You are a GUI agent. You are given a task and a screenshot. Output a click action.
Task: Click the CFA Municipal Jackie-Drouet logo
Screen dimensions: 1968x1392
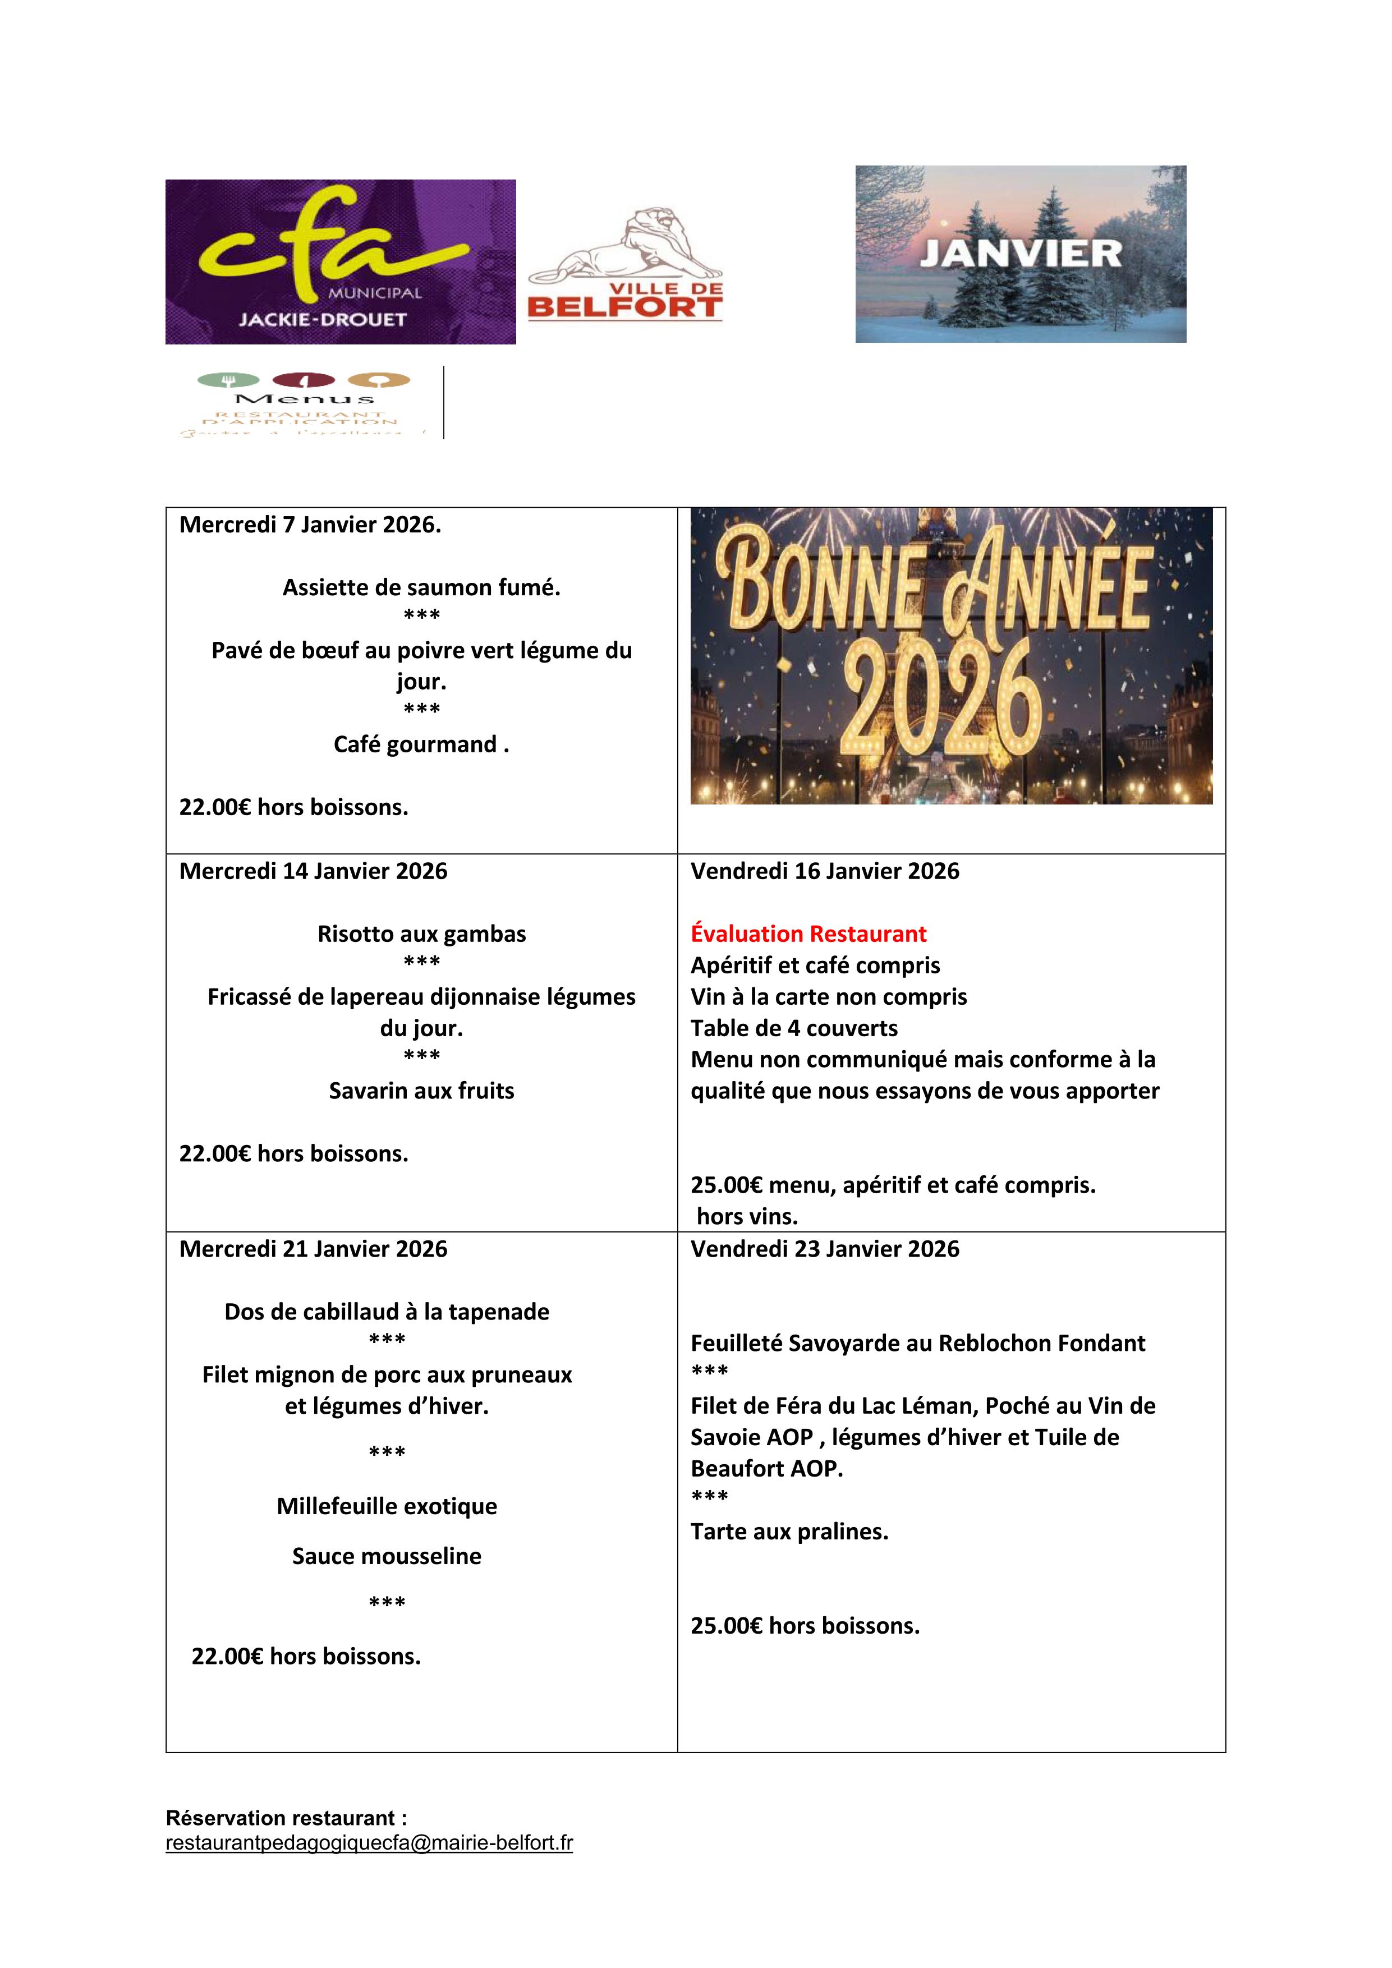(341, 261)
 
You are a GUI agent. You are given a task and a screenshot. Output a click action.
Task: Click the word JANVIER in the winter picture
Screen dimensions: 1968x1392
(1020, 254)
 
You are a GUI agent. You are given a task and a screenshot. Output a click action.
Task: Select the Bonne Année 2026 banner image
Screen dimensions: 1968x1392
(952, 656)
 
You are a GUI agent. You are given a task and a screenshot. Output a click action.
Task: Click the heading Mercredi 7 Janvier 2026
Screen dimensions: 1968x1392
(310, 525)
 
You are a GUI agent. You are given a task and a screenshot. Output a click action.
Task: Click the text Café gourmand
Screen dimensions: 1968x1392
(421, 744)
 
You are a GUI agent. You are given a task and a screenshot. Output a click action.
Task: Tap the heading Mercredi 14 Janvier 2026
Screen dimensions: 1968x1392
(313, 871)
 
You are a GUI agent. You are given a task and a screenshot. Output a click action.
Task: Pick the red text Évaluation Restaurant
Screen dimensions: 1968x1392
(808, 934)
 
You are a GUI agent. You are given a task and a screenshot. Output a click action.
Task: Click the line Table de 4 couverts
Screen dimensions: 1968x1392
(794, 1028)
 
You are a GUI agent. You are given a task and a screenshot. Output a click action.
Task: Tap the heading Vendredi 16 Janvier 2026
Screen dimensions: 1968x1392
(825, 871)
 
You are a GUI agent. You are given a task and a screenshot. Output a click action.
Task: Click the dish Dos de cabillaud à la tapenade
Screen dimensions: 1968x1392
(387, 1312)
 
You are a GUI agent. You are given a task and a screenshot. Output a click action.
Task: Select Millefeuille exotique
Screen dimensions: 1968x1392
(387, 1506)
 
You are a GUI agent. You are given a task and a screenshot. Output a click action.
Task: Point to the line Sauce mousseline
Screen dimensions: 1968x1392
(387, 1556)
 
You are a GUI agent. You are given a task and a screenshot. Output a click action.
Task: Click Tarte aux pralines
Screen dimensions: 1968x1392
(789, 1531)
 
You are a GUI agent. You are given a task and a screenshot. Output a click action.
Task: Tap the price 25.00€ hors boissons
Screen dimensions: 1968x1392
(805, 1625)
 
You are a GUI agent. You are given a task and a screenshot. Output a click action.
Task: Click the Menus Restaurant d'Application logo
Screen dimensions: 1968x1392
(304, 403)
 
